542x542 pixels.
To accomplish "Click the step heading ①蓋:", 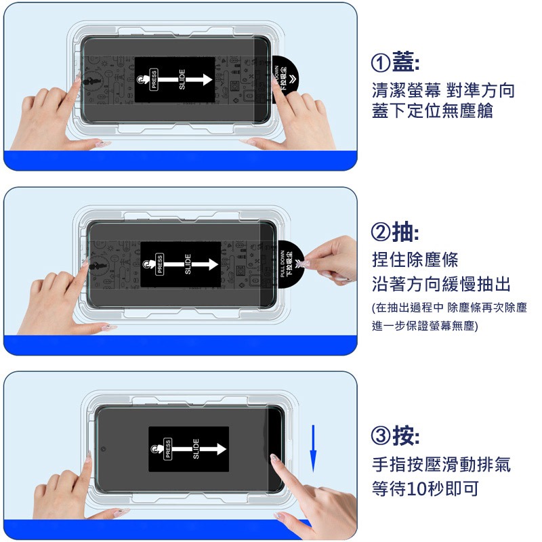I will [x=396, y=64].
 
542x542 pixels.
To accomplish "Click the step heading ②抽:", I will [x=396, y=233].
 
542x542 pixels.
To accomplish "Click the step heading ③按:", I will [x=396, y=436].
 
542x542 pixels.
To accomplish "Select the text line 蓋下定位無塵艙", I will [x=432, y=111].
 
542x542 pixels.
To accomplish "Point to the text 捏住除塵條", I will [x=415, y=259].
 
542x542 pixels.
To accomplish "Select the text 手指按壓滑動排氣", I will [x=441, y=465].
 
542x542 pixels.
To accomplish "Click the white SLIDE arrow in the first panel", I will [x=197, y=80].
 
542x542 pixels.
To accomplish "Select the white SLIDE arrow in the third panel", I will [x=210, y=449].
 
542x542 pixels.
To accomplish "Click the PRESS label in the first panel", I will [x=154, y=81].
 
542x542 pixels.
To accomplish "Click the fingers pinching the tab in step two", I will [x=329, y=256].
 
